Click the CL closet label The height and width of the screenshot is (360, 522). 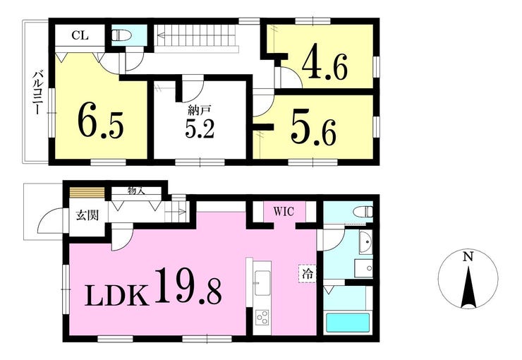pos(80,35)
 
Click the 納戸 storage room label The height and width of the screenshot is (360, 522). pos(200,109)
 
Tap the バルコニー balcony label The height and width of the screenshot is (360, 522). pos(36,92)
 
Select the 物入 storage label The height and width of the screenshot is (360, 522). pos(136,191)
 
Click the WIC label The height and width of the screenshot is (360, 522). pos(284,211)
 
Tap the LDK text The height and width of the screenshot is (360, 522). pos(116,295)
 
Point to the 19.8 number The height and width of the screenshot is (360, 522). pos(188,286)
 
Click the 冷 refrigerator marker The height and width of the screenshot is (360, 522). pos(308,273)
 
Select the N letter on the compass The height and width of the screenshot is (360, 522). pos(468,256)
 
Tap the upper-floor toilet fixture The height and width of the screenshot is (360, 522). pos(121,35)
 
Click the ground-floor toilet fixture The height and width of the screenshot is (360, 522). pos(363,212)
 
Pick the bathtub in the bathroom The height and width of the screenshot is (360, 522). pos(348,323)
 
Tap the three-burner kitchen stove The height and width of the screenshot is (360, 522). pos(262,317)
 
